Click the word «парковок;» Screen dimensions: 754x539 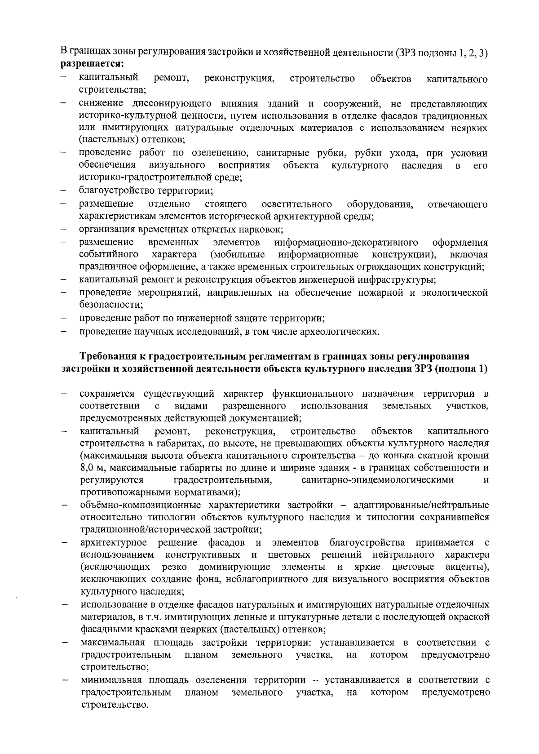click(x=263, y=230)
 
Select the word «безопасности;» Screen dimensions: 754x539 click(x=111, y=305)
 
